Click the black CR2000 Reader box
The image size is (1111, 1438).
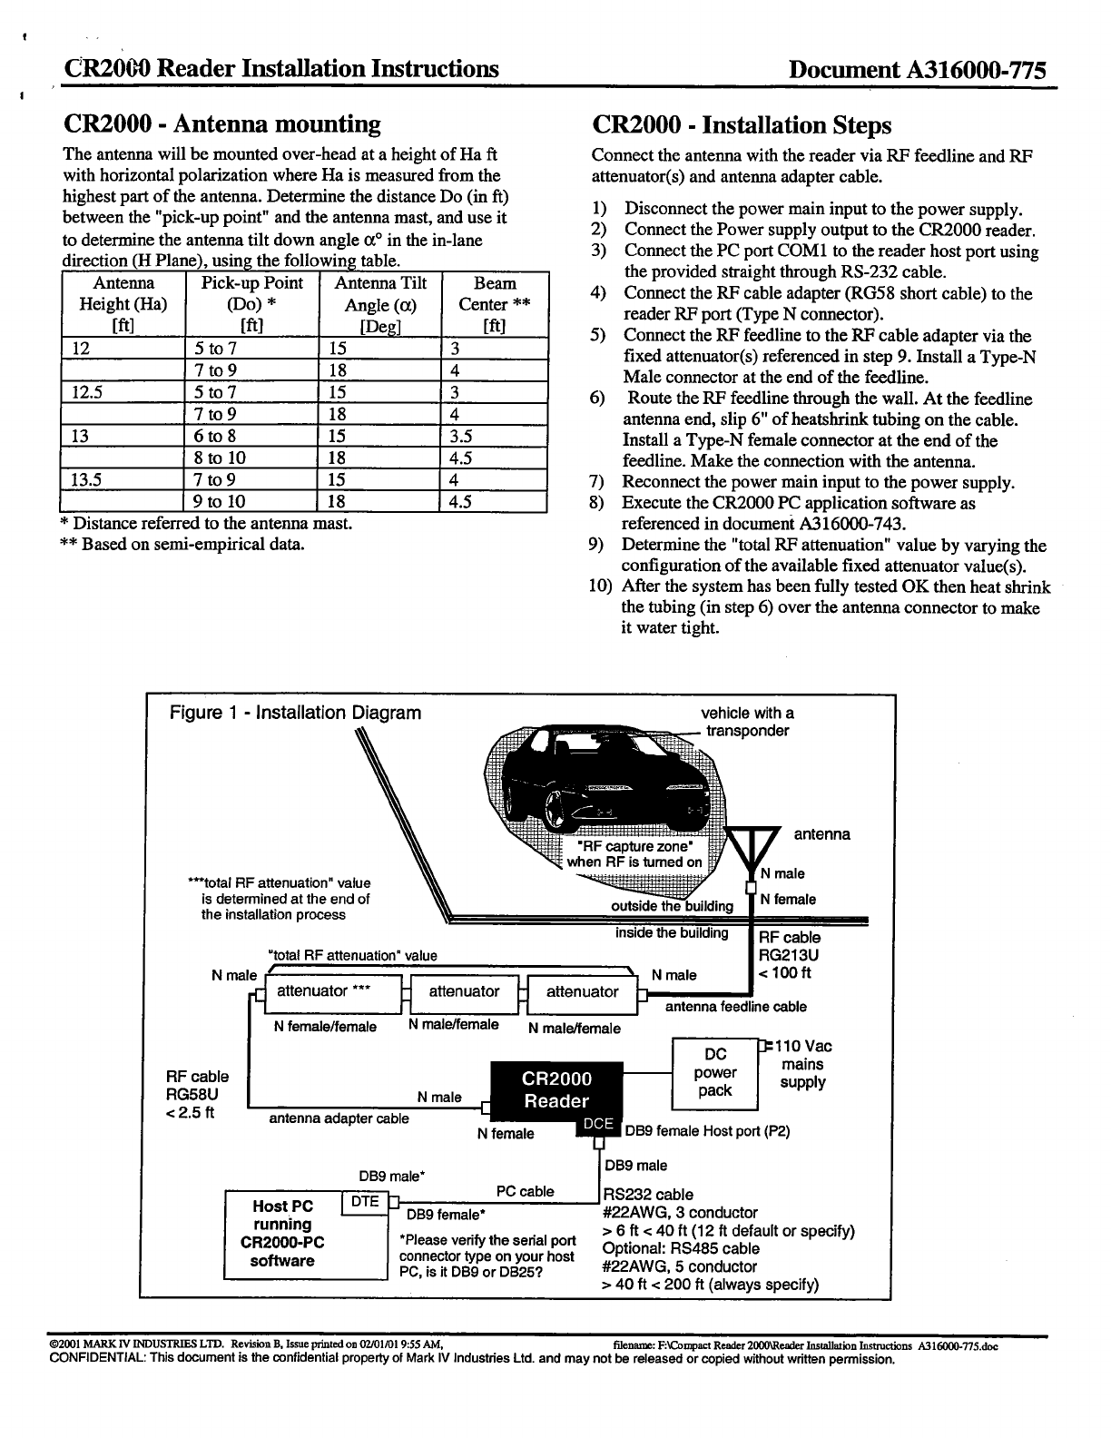point(556,1089)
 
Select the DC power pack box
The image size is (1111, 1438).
point(714,1073)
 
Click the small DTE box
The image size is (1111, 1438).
point(364,1202)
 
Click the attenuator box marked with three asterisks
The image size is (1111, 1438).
point(324,991)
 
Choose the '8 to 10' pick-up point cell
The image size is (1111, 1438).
point(220,458)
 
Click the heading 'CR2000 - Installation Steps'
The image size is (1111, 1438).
point(742,125)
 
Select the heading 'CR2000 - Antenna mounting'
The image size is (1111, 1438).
point(221,123)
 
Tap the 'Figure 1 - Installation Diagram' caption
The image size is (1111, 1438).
point(296,713)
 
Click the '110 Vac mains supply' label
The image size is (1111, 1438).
point(803,1064)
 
